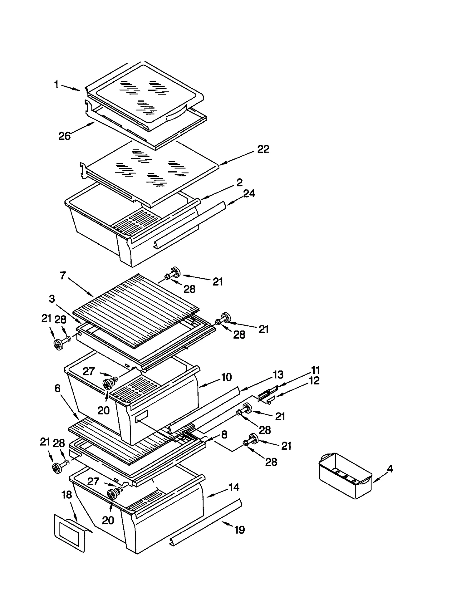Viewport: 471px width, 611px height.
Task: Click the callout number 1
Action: (56, 85)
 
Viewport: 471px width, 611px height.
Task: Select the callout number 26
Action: (64, 136)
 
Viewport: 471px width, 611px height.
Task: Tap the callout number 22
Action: (263, 149)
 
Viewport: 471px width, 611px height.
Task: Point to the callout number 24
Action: (249, 193)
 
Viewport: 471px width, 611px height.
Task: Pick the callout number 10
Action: (226, 377)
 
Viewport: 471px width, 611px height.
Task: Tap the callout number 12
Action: (314, 381)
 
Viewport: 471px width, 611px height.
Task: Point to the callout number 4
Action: (390, 468)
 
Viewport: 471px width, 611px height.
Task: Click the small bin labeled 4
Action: (345, 476)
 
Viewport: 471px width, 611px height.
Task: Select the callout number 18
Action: (67, 495)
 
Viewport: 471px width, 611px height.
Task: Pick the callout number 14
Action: (234, 487)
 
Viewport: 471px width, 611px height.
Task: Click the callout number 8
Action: (224, 434)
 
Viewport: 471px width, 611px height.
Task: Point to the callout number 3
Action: (52, 299)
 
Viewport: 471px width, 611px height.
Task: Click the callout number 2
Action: (239, 182)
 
